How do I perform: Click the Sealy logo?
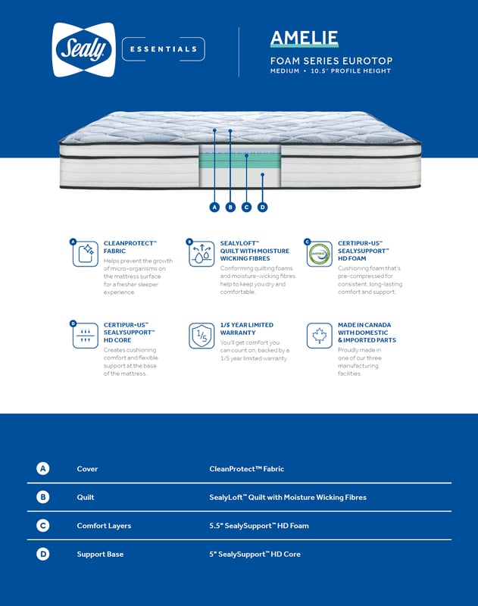tap(83, 49)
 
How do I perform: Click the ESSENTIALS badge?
tap(164, 49)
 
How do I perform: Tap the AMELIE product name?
tap(304, 38)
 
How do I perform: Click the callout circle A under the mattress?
tap(214, 207)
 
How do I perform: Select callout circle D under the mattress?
tap(263, 207)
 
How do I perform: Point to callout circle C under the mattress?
tap(246, 207)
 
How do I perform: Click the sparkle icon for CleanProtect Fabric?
tap(86, 254)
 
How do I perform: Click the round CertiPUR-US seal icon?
tap(320, 254)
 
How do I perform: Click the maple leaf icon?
tap(320, 336)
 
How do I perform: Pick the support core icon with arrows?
tap(86, 336)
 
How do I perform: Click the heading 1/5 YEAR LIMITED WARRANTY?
tap(246, 329)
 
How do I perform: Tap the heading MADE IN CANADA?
tap(364, 325)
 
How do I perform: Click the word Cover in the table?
tap(87, 469)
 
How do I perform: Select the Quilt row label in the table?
tap(86, 498)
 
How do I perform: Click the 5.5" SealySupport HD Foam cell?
tap(258, 526)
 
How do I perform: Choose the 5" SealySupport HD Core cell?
tap(255, 554)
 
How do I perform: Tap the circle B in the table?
tap(43, 498)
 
